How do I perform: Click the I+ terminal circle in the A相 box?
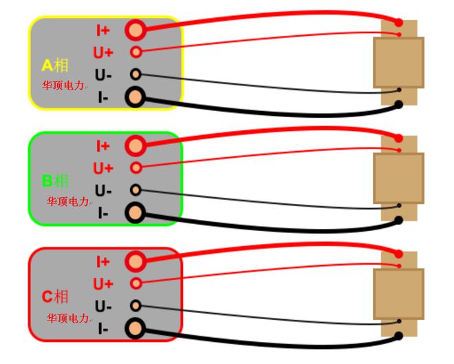pos(136,30)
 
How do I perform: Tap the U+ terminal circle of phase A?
pos(136,52)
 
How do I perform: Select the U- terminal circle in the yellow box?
pos(136,74)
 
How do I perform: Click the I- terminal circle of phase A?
pos(136,97)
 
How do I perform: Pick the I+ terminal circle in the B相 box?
pos(136,145)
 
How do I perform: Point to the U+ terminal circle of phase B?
pos(136,168)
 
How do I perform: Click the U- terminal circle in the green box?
pos(136,190)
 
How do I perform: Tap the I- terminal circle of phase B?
pos(136,213)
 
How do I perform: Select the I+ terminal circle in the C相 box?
pos(136,261)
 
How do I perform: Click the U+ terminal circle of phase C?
pos(136,283)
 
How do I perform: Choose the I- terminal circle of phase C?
pos(136,329)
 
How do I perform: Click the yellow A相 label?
pos(55,65)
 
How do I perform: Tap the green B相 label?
pos(55,181)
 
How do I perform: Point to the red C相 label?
pos(55,297)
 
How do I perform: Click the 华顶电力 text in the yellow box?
pos(63,86)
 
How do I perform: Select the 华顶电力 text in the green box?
pos(67,202)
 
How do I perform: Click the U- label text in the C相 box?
pos(103,306)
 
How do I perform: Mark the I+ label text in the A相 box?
pos(103,30)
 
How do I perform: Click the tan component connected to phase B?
pos(398,178)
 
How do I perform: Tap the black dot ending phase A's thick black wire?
pos(398,105)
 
